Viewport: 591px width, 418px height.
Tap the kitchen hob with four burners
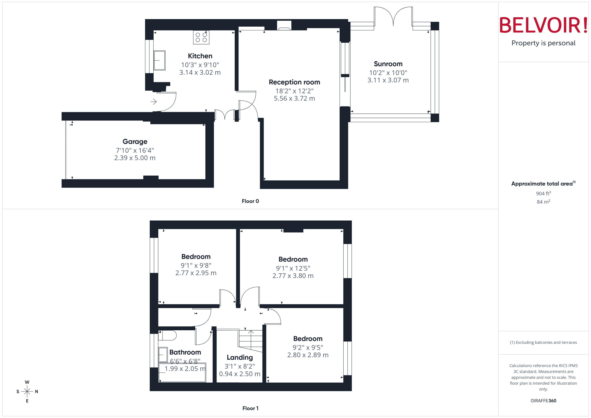[x=201, y=37]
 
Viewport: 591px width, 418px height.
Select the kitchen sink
[x=159, y=60]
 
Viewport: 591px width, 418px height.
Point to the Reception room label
[x=294, y=82]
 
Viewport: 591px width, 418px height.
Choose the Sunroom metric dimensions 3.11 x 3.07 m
[x=388, y=80]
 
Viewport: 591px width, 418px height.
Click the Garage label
[x=135, y=142]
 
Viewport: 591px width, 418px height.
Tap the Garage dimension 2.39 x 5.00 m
[x=135, y=158]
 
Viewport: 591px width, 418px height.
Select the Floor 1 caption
[x=250, y=408]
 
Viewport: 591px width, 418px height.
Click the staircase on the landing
[x=251, y=340]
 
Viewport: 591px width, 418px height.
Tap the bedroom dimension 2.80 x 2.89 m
[x=307, y=355]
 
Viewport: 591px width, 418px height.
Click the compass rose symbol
[x=27, y=392]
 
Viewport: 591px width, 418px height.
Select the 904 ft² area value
[x=543, y=193]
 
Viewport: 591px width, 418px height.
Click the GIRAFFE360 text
[x=543, y=401]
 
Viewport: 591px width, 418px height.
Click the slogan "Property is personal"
[x=543, y=43]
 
